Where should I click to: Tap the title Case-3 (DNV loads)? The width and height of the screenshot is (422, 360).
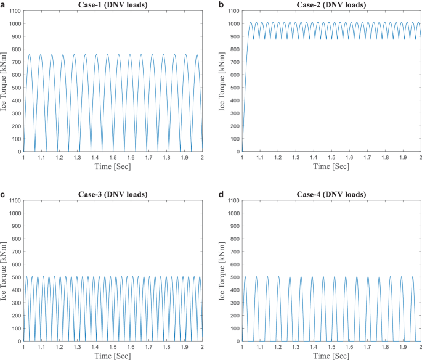click(x=113, y=194)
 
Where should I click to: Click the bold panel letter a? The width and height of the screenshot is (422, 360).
click(x=4, y=5)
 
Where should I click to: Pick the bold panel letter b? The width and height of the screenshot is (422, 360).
click(x=222, y=5)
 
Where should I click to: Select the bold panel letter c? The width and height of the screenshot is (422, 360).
click(x=4, y=195)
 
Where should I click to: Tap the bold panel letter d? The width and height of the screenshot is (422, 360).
click(x=222, y=195)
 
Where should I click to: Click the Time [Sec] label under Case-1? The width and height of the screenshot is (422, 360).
click(x=113, y=166)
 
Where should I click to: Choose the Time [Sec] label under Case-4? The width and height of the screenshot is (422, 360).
click(x=330, y=356)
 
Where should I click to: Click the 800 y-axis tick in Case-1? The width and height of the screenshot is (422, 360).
click(x=15, y=49)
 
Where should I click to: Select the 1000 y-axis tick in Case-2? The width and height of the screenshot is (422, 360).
click(x=232, y=24)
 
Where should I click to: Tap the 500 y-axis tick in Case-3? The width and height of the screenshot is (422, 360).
click(x=15, y=277)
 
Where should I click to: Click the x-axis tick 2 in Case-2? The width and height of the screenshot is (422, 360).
click(x=420, y=158)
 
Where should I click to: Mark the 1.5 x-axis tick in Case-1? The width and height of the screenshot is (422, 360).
click(x=113, y=158)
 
